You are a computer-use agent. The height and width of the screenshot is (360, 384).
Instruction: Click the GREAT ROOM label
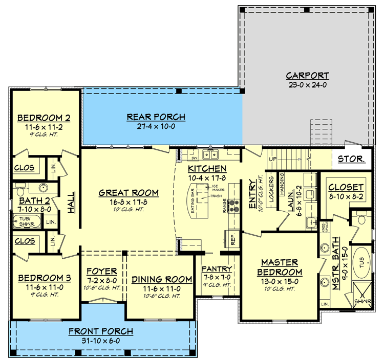129,193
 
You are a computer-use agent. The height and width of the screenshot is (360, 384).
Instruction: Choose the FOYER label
101,271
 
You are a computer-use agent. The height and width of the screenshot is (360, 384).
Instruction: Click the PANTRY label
217,269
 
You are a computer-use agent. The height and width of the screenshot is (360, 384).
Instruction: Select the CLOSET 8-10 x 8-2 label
346,188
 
